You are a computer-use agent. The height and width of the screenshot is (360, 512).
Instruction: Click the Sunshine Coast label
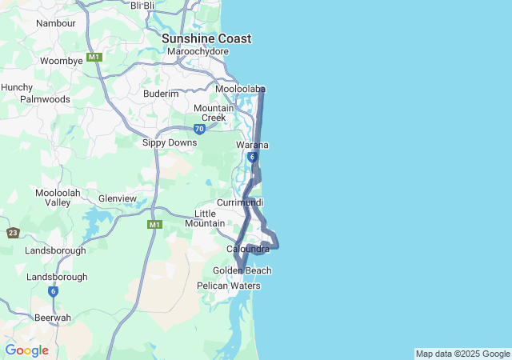pyautogui.click(x=206, y=38)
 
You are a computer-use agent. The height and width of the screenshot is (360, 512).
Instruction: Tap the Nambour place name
pyautogui.click(x=56, y=23)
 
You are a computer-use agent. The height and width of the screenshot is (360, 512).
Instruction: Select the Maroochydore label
pyautogui.click(x=198, y=52)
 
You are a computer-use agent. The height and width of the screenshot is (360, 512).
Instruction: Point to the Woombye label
pyautogui.click(x=62, y=61)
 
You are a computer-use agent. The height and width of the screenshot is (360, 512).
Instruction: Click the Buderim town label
pyautogui.click(x=161, y=94)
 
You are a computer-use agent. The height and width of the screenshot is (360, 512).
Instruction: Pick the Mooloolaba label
pyautogui.click(x=240, y=89)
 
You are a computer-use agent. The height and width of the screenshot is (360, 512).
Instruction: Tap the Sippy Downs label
pyautogui.click(x=170, y=142)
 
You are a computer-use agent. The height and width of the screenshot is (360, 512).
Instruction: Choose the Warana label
pyautogui.click(x=252, y=145)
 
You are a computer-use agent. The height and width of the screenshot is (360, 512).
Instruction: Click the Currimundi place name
pyautogui.click(x=240, y=202)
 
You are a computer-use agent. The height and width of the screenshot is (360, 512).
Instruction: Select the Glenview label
pyautogui.click(x=118, y=198)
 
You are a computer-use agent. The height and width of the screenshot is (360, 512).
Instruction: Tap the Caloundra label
pyautogui.click(x=248, y=250)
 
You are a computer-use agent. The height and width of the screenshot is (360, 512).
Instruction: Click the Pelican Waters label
pyautogui.click(x=229, y=286)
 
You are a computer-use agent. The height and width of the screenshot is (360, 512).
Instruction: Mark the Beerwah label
pyautogui.click(x=53, y=318)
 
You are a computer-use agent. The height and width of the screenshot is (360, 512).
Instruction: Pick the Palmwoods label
pyautogui.click(x=45, y=100)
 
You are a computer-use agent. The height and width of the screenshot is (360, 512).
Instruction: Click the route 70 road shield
pyautogui.click(x=199, y=129)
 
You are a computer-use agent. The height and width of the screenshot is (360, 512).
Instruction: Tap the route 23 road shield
pyautogui.click(x=13, y=233)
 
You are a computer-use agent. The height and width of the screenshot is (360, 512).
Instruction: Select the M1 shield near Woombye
pyautogui.click(x=95, y=58)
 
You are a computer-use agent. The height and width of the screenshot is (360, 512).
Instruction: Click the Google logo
pyautogui.click(x=26, y=350)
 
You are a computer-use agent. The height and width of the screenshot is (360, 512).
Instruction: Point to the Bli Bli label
pyautogui.click(x=142, y=6)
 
